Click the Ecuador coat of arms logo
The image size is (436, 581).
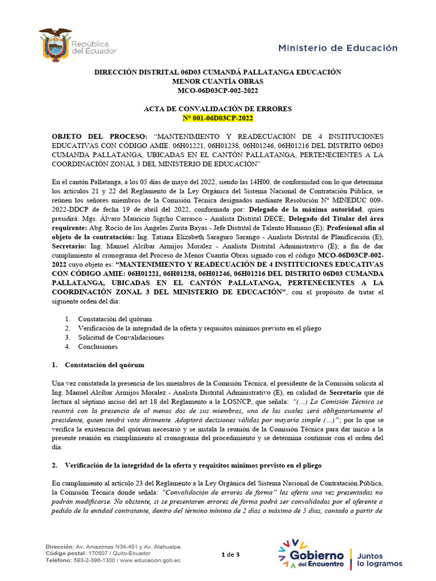[55, 44]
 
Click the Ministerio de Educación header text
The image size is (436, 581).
[338, 48]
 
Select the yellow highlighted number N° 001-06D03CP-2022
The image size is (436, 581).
[217, 118]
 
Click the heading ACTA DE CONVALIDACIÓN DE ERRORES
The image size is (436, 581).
[217, 108]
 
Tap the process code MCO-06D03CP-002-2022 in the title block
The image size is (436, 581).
[217, 90]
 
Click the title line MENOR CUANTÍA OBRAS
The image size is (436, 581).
[217, 81]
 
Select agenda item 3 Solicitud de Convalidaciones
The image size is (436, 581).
[120, 337]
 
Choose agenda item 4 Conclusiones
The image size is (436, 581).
[98, 346]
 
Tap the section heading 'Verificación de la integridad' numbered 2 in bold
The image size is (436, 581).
[193, 465]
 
